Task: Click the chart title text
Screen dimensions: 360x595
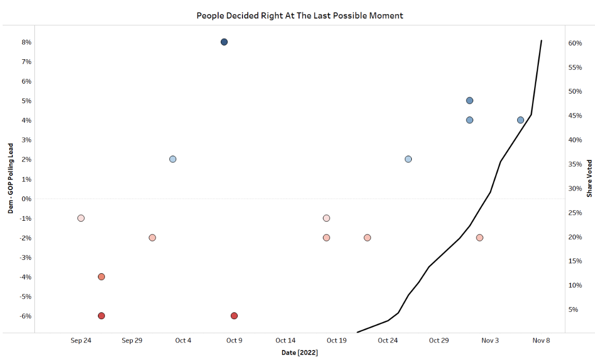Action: (x=300, y=15)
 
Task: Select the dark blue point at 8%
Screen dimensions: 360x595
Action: (x=224, y=42)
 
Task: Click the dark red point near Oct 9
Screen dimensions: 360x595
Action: (x=234, y=316)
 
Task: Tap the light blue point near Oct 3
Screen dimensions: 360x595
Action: (x=173, y=159)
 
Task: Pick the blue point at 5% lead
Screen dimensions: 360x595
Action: (x=470, y=101)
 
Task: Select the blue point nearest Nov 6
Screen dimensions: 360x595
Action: (x=520, y=120)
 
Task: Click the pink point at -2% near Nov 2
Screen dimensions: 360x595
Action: (x=480, y=238)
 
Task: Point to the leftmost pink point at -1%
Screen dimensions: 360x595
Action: (x=81, y=218)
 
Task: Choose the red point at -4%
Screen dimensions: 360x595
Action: (x=101, y=277)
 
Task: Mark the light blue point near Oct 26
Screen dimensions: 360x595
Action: (x=408, y=159)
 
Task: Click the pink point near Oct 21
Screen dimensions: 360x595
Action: (x=367, y=238)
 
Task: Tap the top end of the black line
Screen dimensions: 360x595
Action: (x=541, y=40)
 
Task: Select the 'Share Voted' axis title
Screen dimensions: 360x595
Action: (x=589, y=178)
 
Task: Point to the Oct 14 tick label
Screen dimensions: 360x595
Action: (x=285, y=340)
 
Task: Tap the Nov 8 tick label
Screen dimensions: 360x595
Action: (x=541, y=340)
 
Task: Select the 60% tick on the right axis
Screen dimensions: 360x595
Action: (x=575, y=43)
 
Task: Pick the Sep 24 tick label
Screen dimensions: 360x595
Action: (x=81, y=340)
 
